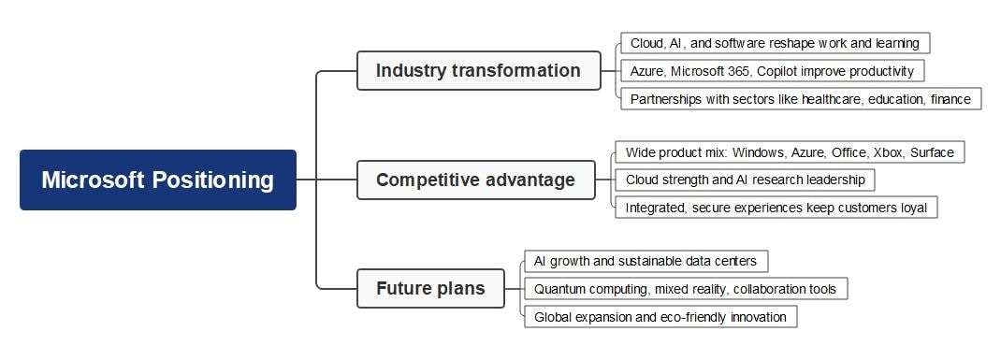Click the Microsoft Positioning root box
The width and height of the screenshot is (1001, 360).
pos(157,180)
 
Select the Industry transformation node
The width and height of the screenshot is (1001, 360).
pos(478,70)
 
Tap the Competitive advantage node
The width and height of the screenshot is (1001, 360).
pos(475,180)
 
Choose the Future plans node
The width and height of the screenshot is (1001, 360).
pos(430,288)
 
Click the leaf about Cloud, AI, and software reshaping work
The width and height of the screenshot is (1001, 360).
pos(775,43)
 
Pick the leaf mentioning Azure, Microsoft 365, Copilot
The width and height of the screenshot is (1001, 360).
pos(772,71)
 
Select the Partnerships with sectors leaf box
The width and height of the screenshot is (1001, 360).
pos(800,98)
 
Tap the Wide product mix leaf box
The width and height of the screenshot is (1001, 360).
pos(789,151)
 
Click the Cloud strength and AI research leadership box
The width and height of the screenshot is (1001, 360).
pos(745,179)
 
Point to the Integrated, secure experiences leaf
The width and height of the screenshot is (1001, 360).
pos(776,207)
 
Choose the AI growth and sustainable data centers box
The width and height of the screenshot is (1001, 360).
pos(646,261)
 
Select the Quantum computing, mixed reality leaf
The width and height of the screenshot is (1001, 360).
pos(685,289)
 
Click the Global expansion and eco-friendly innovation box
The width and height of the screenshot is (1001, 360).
pos(660,317)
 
